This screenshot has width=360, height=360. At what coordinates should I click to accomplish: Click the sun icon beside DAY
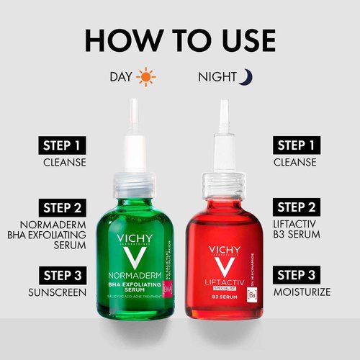tap(146, 76)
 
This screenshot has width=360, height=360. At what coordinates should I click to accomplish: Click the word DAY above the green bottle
tap(120, 76)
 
